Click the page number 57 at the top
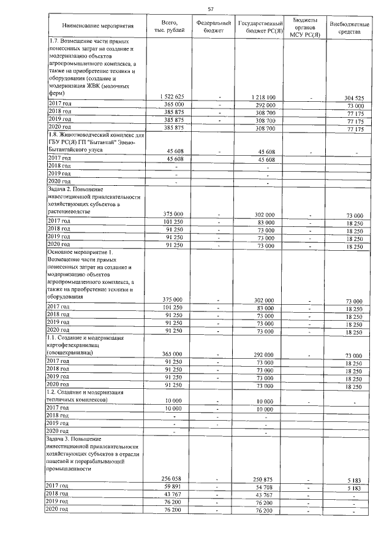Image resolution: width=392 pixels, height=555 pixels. [211, 9]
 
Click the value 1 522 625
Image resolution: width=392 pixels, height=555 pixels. [171, 98]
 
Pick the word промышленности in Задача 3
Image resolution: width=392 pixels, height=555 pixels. [69, 469]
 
